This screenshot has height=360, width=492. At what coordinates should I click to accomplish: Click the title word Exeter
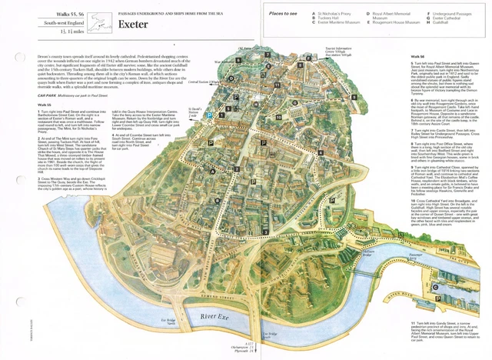(x=135, y=23)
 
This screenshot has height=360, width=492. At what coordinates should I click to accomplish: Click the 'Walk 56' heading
(x=417, y=56)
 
